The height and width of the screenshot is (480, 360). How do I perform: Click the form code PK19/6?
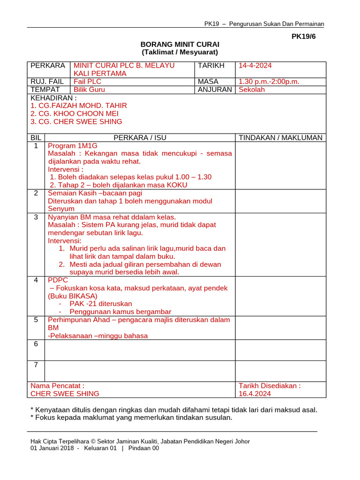point(304,36)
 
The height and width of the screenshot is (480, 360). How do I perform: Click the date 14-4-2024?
point(255,66)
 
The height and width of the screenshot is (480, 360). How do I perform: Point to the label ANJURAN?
point(215,90)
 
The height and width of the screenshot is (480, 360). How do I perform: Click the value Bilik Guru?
point(89,90)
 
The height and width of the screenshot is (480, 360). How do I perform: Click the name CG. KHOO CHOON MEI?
point(75,113)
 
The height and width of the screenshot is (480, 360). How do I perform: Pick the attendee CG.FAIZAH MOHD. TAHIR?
point(78,105)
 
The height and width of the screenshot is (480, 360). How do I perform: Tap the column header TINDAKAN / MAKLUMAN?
point(280,138)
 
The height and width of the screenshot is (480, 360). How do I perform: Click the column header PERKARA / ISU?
point(140,138)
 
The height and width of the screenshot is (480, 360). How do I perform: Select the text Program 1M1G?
point(73,146)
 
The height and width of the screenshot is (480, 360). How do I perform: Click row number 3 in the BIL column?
point(36,217)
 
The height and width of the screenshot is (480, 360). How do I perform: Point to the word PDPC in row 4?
point(58,280)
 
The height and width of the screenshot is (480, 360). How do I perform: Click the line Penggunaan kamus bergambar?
point(120,312)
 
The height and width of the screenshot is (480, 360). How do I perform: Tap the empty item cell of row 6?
point(140,350)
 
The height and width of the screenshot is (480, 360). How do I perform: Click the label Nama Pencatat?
point(57,386)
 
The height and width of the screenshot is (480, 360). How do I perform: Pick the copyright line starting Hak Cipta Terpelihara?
point(140,441)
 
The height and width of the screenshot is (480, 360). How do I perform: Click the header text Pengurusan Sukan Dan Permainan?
point(276,24)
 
